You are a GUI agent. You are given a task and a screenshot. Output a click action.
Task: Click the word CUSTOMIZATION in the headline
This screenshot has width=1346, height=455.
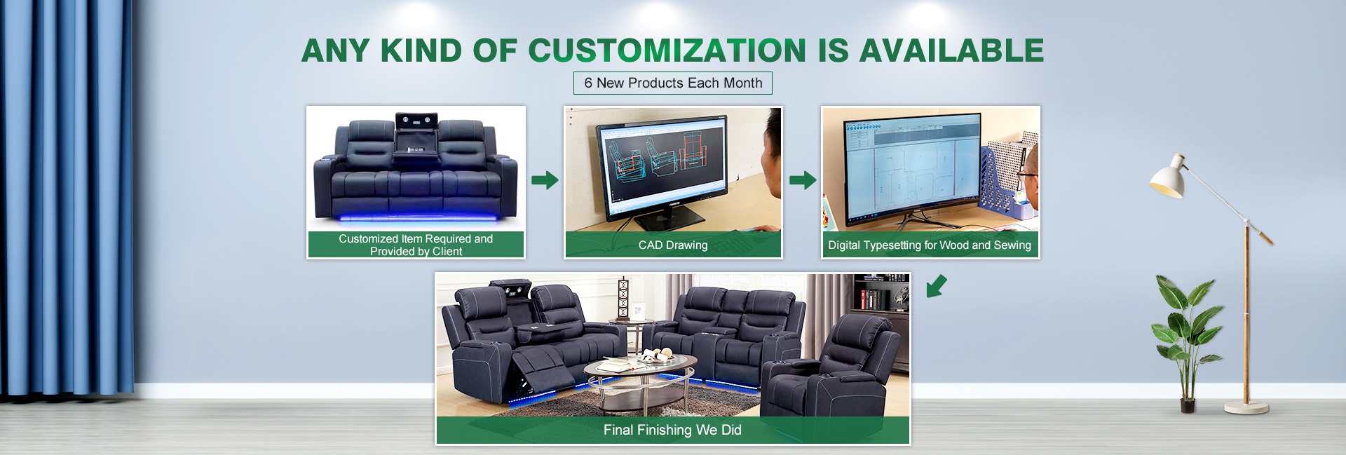[667, 50]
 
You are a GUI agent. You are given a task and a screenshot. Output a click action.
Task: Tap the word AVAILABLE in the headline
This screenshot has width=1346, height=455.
[951, 50]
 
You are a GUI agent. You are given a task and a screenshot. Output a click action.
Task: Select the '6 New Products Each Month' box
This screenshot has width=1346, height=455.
[673, 83]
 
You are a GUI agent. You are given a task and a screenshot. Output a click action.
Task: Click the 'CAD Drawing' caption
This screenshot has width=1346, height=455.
[673, 245]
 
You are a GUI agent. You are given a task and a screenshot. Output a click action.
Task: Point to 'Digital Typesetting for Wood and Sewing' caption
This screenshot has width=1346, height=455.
[930, 245]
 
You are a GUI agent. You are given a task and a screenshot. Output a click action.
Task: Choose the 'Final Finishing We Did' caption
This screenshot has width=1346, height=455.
[672, 430]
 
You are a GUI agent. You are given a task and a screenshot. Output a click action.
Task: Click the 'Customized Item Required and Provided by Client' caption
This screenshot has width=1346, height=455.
[416, 245]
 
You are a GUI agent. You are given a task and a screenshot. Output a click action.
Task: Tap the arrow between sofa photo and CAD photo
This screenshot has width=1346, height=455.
[545, 180]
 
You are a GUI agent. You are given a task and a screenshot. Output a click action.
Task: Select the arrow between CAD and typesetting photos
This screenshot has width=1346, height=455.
[803, 180]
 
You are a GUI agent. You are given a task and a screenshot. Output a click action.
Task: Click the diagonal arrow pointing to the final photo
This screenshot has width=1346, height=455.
[937, 286]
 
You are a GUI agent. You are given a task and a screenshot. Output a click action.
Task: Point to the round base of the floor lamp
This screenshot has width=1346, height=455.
[1246, 407]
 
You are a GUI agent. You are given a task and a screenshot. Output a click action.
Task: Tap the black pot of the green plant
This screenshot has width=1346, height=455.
[1188, 405]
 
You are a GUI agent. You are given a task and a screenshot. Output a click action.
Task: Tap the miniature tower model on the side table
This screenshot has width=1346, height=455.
[621, 299]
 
